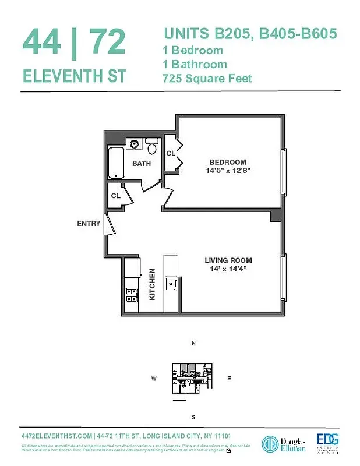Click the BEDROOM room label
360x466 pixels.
tap(228, 162)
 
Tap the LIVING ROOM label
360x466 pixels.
tap(228, 260)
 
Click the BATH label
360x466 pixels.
tap(141, 164)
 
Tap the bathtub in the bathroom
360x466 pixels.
tap(116, 163)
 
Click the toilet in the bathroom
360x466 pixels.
tap(152, 144)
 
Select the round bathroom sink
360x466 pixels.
tap(135, 144)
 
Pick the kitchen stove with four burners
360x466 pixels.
tap(132, 295)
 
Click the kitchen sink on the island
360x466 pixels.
tap(172, 284)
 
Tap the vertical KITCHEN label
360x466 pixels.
tap(152, 284)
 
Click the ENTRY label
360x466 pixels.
tap(89, 223)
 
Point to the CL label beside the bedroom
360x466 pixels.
tap(171, 154)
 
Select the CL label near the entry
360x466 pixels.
tap(116, 196)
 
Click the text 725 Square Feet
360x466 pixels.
tap(207, 78)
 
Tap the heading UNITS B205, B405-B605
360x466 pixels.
tap(250, 34)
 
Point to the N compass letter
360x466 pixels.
tap(193, 343)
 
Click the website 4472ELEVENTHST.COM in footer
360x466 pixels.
tap(56, 436)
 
